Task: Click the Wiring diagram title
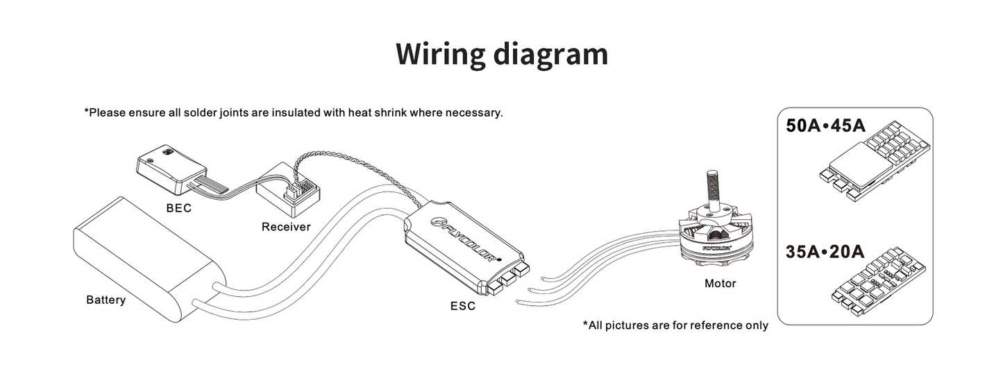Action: pyautogui.click(x=501, y=54)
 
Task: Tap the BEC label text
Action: pyautogui.click(x=178, y=207)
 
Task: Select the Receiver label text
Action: pyautogui.click(x=286, y=227)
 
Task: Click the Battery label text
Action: pyautogui.click(x=106, y=300)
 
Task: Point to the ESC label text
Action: pyautogui.click(x=462, y=305)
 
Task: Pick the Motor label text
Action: pyautogui.click(x=720, y=283)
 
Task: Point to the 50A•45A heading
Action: pyautogui.click(x=825, y=127)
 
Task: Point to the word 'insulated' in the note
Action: pyautogui.click(x=295, y=112)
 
